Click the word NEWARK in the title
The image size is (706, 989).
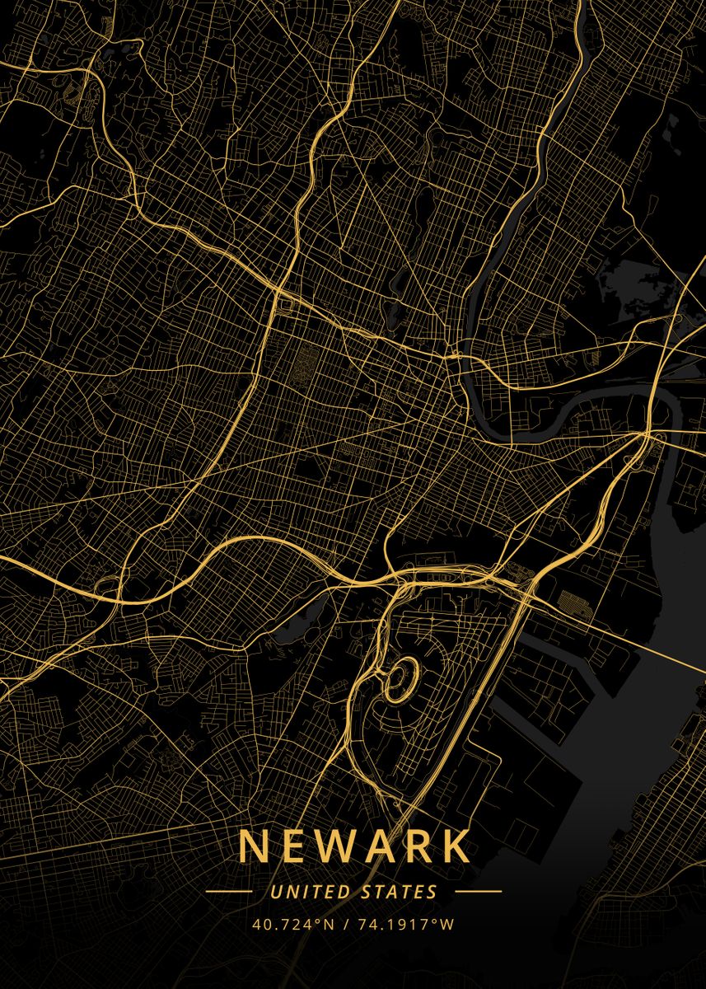click(353, 846)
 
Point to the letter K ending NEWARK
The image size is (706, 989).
click(456, 846)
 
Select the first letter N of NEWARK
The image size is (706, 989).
click(252, 846)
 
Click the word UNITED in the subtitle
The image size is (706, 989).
click(311, 892)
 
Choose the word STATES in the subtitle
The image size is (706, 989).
click(400, 892)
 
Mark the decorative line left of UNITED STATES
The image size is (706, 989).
click(229, 892)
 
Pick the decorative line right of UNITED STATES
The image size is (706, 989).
click(478, 892)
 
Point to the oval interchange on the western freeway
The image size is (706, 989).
click(107, 586)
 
